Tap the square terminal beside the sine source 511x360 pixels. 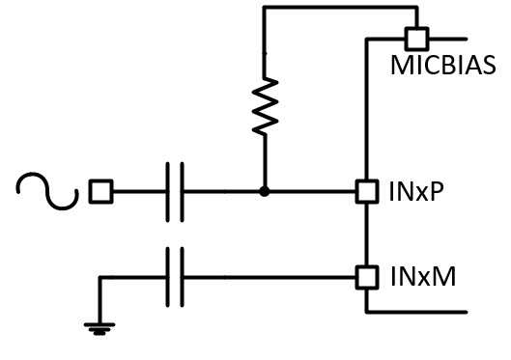coord(99,192)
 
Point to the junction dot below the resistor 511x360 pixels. coord(264,192)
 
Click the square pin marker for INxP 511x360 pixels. coord(367,192)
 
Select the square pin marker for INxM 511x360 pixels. coord(367,278)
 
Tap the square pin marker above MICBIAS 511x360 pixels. coord(416,40)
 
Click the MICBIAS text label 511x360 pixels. coord(443,67)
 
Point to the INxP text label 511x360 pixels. coord(416,192)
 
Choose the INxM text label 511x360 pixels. coord(422,278)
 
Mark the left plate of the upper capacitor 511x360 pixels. coord(168,192)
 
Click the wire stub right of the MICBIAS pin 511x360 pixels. coord(448,40)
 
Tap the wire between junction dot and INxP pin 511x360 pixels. coord(313,192)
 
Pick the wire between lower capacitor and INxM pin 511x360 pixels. coord(270,278)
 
